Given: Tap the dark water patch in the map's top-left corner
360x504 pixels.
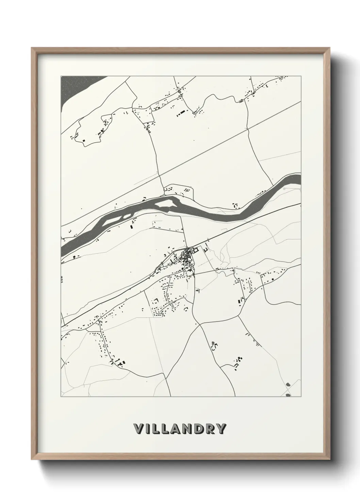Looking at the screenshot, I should [x=70, y=89].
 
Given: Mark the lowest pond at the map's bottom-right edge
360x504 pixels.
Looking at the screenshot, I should [x=288, y=395].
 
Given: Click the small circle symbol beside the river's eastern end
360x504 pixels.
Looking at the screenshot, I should [x=284, y=188].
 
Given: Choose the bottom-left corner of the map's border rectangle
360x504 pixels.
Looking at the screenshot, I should [x=61, y=397].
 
